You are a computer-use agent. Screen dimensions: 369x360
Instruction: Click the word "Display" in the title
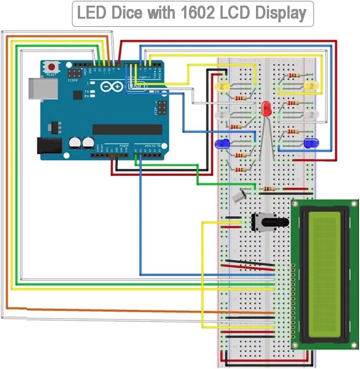(281, 13)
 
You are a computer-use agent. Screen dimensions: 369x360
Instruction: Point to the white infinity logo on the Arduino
(112, 87)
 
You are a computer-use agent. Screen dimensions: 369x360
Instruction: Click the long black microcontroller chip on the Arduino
(127, 129)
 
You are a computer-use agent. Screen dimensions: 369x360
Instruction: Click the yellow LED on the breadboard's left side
(222, 87)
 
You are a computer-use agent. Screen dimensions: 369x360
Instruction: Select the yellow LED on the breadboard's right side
(311, 87)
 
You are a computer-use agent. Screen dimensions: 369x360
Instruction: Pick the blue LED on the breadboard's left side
(222, 143)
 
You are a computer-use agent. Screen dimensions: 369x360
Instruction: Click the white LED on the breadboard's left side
(222, 115)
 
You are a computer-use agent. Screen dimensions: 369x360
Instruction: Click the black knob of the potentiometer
(275, 222)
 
